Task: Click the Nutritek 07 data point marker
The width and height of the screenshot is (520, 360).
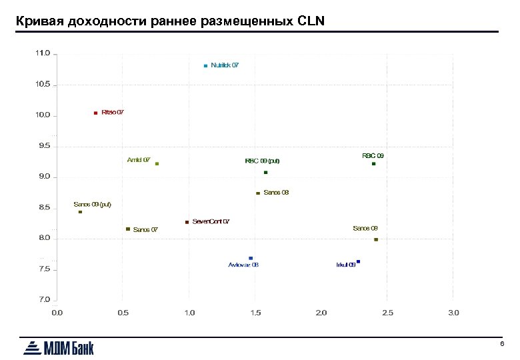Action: pyautogui.click(x=205, y=66)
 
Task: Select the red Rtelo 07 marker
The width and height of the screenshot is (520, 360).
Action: pyautogui.click(x=96, y=113)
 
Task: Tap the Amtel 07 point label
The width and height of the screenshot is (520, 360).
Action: pyautogui.click(x=138, y=160)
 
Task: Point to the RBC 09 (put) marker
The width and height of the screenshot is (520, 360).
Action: pyautogui.click(x=265, y=173)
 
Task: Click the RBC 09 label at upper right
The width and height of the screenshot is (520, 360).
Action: pyautogui.click(x=373, y=155)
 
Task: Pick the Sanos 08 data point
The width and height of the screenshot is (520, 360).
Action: pyautogui.click(x=258, y=193)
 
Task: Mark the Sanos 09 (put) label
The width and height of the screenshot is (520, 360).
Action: pyautogui.click(x=92, y=204)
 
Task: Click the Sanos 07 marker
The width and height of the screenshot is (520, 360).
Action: pyautogui.click(x=128, y=229)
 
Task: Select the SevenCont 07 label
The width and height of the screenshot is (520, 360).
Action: pyautogui.click(x=211, y=221)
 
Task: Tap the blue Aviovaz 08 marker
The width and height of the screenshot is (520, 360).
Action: pyautogui.click(x=251, y=258)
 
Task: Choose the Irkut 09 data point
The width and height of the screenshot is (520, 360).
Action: pyautogui.click(x=358, y=262)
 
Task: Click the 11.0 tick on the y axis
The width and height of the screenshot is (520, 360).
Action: pyautogui.click(x=43, y=53)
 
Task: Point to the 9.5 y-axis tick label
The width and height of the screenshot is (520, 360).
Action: pyautogui.click(x=43, y=145)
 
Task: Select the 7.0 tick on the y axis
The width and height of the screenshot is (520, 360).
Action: pyautogui.click(x=43, y=300)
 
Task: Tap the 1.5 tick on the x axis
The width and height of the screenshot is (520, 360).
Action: pyautogui.click(x=255, y=313)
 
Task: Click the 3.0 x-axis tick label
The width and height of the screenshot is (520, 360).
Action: pyautogui.click(x=453, y=313)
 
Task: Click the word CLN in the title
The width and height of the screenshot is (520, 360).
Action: pyautogui.click(x=309, y=21)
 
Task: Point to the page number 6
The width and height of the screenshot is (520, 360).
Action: pyautogui.click(x=501, y=343)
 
